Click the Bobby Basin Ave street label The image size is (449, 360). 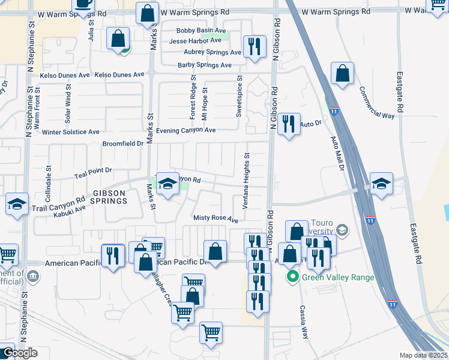click(201, 31)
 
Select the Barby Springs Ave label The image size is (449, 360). click(205, 65)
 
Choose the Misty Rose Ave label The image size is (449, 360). click(215, 220)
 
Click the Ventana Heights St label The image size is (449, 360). click(246, 181)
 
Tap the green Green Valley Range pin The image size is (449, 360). click(292, 277)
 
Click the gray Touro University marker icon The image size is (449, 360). click(342, 230)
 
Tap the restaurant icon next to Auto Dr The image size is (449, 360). click(289, 124)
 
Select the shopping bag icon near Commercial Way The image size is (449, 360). click(342, 74)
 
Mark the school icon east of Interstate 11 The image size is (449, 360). click(381, 184)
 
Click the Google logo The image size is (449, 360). click(19, 353)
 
